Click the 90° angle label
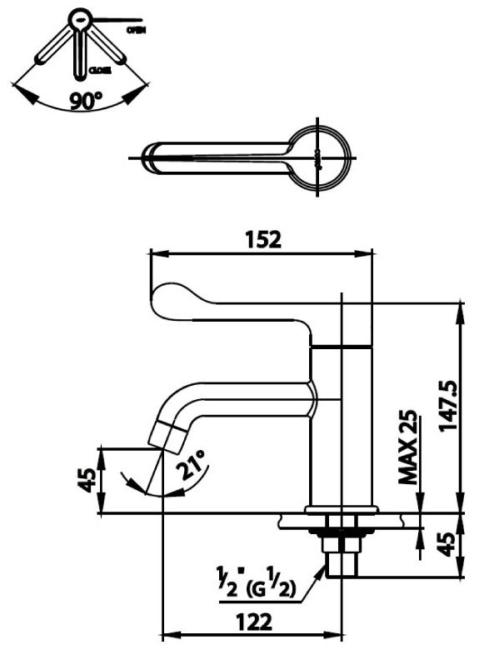(86, 102)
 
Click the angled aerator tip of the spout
(166, 437)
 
